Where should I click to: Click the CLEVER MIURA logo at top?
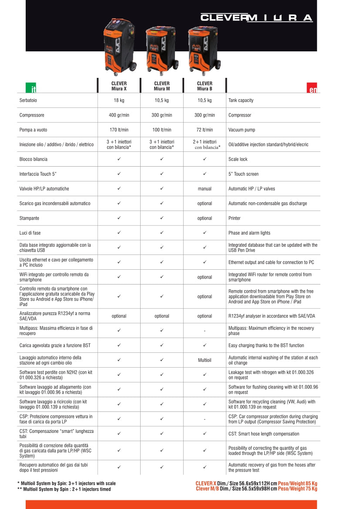click(x=256, y=18)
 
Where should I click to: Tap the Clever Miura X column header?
click(x=119, y=86)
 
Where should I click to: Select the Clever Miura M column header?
click(x=162, y=86)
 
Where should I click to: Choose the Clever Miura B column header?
click(x=205, y=86)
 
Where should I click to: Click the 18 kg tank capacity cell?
click(x=119, y=100)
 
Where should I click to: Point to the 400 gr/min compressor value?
click(x=119, y=115)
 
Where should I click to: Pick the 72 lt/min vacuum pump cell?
click(x=205, y=130)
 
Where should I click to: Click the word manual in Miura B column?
click(x=205, y=189)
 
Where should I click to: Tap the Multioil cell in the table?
click(x=205, y=360)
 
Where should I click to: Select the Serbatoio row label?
click(x=28, y=100)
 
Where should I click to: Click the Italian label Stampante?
click(x=29, y=218)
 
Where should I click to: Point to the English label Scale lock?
click(x=238, y=159)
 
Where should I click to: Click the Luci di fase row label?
click(x=30, y=233)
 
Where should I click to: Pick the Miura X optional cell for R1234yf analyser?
click(x=119, y=316)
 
